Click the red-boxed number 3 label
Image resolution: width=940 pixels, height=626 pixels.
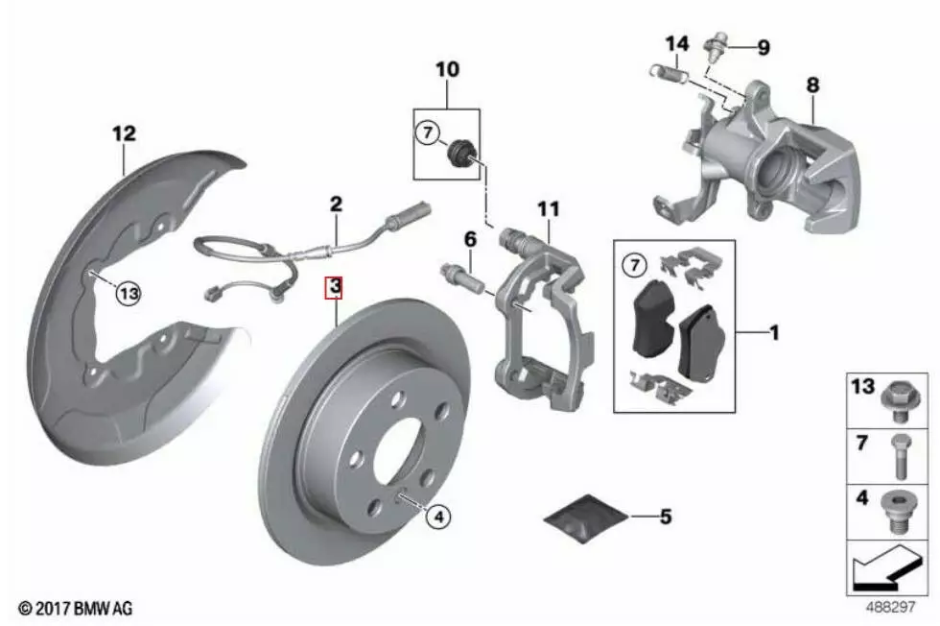[x=334, y=286]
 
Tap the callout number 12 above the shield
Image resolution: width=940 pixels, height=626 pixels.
[x=125, y=133]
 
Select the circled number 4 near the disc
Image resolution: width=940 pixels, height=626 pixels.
[x=436, y=518]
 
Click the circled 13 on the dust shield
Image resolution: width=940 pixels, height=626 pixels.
[x=129, y=295]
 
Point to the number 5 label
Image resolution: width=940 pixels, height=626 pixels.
[x=665, y=518]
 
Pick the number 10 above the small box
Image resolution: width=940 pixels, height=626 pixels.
[x=447, y=69]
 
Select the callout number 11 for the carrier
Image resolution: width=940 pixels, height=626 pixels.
[x=547, y=206]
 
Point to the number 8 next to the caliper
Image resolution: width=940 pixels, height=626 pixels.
[x=811, y=84]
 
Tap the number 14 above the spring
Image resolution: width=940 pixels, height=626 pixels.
[x=677, y=43]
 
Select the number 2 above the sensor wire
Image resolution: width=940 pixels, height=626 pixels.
[x=335, y=204]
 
